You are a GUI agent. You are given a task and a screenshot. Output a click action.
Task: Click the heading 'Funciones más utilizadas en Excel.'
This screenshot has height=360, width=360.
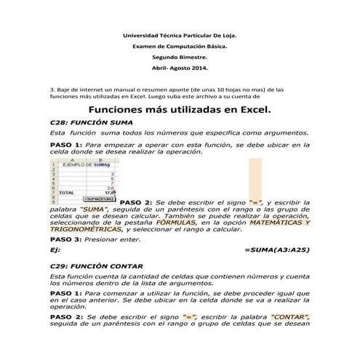pyautogui.click(x=180, y=111)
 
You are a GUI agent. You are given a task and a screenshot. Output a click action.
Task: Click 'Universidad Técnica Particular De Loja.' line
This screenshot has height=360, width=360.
pyautogui.click(x=180, y=34)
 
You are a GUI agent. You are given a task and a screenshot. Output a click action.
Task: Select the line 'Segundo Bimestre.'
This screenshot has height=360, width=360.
pyautogui.click(x=180, y=56)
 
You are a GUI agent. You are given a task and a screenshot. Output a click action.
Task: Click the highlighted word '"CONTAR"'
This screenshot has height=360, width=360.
pyautogui.click(x=290, y=317)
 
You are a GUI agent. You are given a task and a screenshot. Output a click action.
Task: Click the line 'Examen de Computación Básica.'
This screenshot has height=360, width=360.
pyautogui.click(x=180, y=45)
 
